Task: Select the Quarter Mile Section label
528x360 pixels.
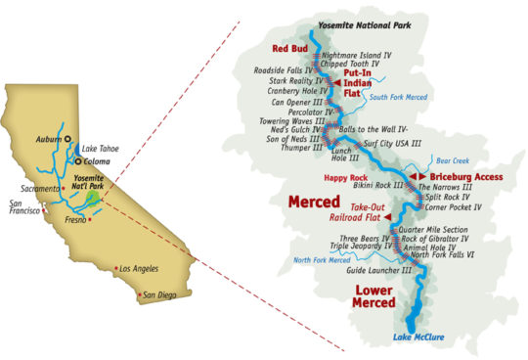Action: tap(449, 229)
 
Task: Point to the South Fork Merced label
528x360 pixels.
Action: tap(401, 96)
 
